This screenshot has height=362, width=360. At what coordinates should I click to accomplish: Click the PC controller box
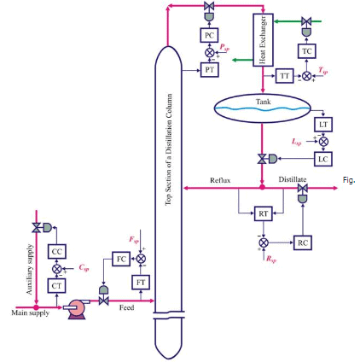(x=209, y=35)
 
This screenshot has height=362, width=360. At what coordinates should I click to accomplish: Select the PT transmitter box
(x=209, y=70)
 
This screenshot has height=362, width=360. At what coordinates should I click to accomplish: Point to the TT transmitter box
(x=284, y=76)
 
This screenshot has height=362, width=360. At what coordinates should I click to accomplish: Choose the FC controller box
(x=119, y=258)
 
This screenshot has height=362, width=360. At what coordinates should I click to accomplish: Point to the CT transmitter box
(x=58, y=285)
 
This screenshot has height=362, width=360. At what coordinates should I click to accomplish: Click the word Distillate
(x=293, y=180)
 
